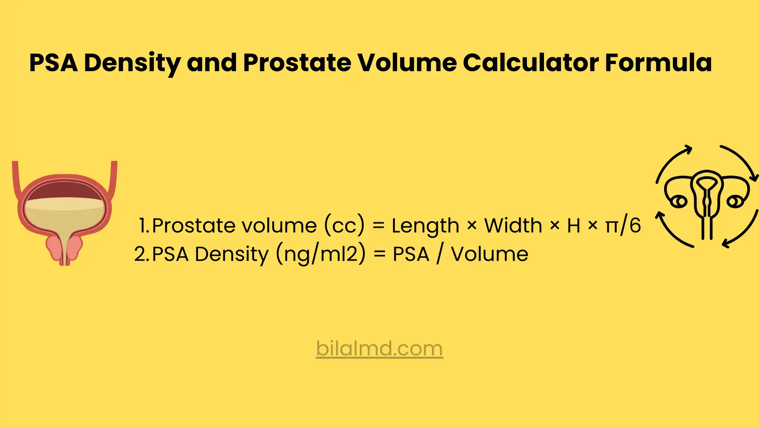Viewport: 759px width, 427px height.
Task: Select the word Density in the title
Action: coord(132,63)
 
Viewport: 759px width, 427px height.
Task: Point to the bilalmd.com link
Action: coord(379,349)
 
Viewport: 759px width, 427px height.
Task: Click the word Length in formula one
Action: coord(425,226)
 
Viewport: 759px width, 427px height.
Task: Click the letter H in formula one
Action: coord(573,226)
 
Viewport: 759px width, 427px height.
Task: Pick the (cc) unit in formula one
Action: coord(344,226)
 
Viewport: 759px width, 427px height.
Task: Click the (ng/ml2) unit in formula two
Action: coord(321,254)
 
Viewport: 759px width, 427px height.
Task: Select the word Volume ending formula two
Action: coord(489,254)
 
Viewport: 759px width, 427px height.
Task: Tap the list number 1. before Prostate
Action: coord(144,226)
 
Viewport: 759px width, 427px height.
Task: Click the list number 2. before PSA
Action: coord(142,254)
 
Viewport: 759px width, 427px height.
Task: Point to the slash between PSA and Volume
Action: coord(440,254)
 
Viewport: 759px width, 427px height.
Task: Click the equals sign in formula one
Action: coord(378,226)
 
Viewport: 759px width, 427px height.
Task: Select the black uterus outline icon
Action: coord(707,198)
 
